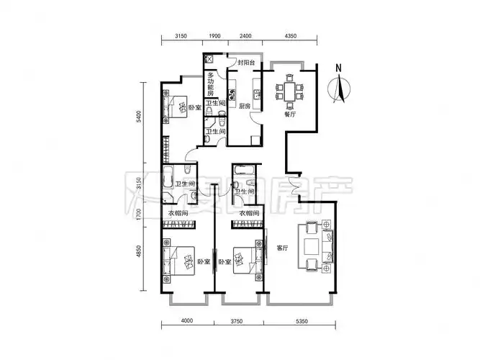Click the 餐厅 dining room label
point(290,113)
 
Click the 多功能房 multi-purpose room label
point(211,84)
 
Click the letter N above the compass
point(337,69)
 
